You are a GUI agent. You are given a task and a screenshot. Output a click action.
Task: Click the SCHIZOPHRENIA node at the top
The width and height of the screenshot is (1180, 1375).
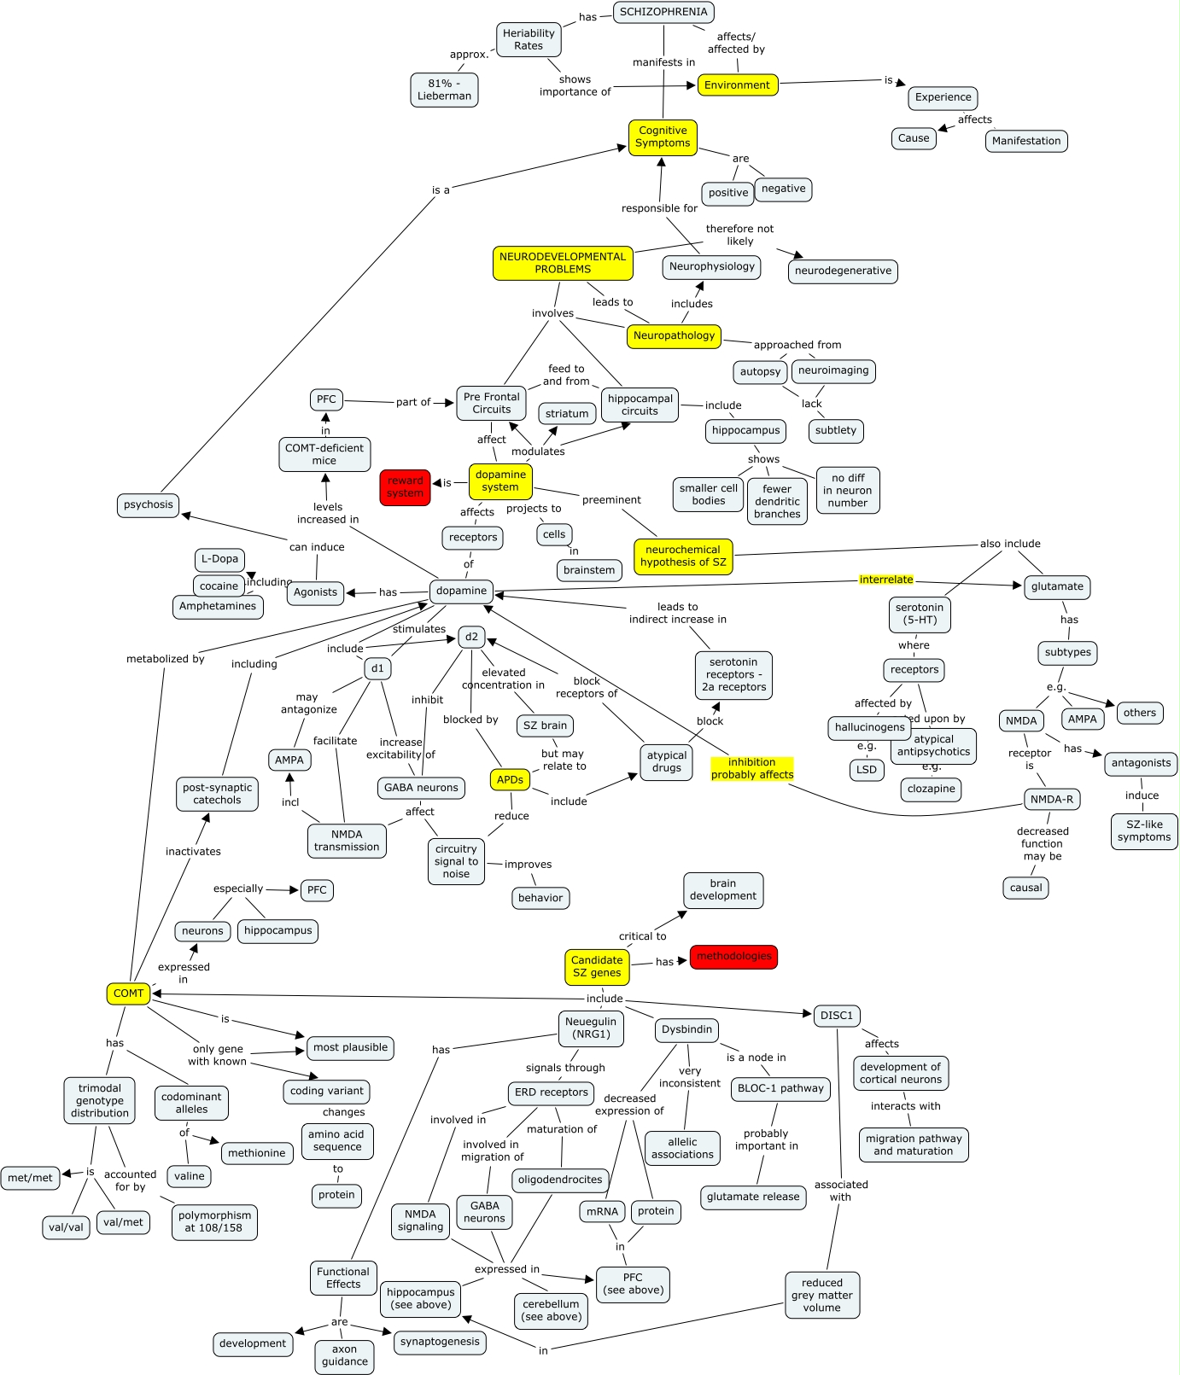[x=663, y=12]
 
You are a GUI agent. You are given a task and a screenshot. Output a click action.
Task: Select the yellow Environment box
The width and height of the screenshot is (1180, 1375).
[x=737, y=85]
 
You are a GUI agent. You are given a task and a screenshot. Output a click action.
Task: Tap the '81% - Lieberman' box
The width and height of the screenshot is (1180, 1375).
[x=444, y=90]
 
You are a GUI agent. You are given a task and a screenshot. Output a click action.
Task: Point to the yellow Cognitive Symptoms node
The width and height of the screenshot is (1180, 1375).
[x=663, y=137]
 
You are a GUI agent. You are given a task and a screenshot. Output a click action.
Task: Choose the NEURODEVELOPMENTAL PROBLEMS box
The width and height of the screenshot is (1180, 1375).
[x=563, y=263]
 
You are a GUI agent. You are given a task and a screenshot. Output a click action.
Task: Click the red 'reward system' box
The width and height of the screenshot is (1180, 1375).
[x=405, y=487]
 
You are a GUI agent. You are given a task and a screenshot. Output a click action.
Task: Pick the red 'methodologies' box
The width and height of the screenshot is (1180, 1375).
[x=733, y=957]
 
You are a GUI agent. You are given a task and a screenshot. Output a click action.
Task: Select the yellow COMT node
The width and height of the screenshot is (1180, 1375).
[x=128, y=993]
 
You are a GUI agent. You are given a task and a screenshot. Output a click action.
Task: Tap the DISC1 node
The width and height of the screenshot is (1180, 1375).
[x=836, y=1016]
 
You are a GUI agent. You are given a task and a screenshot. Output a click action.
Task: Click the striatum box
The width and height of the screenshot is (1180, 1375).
[x=567, y=414]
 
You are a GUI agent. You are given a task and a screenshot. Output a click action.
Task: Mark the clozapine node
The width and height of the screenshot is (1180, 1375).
[x=931, y=789]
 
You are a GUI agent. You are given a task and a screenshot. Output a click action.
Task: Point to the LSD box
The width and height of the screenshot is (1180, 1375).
[x=867, y=770]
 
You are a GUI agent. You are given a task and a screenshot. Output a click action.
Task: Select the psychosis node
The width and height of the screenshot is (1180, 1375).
[x=148, y=505]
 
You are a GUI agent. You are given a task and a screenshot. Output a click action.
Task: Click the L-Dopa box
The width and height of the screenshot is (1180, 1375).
[x=219, y=560]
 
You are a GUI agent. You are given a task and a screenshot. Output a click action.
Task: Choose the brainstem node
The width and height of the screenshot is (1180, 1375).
[x=589, y=571]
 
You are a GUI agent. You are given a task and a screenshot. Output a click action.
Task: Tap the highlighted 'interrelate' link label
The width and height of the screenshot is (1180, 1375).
[x=886, y=580]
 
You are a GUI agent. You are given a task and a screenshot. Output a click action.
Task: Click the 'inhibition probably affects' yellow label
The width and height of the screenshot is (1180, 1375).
[x=752, y=769]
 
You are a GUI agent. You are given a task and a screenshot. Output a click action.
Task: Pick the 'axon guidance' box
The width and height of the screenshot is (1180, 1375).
[x=345, y=1355]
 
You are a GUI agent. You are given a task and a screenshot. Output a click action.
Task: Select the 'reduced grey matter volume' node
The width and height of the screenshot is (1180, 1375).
[x=821, y=1296]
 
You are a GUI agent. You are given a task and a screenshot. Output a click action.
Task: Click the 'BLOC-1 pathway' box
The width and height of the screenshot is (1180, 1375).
[x=780, y=1089]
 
